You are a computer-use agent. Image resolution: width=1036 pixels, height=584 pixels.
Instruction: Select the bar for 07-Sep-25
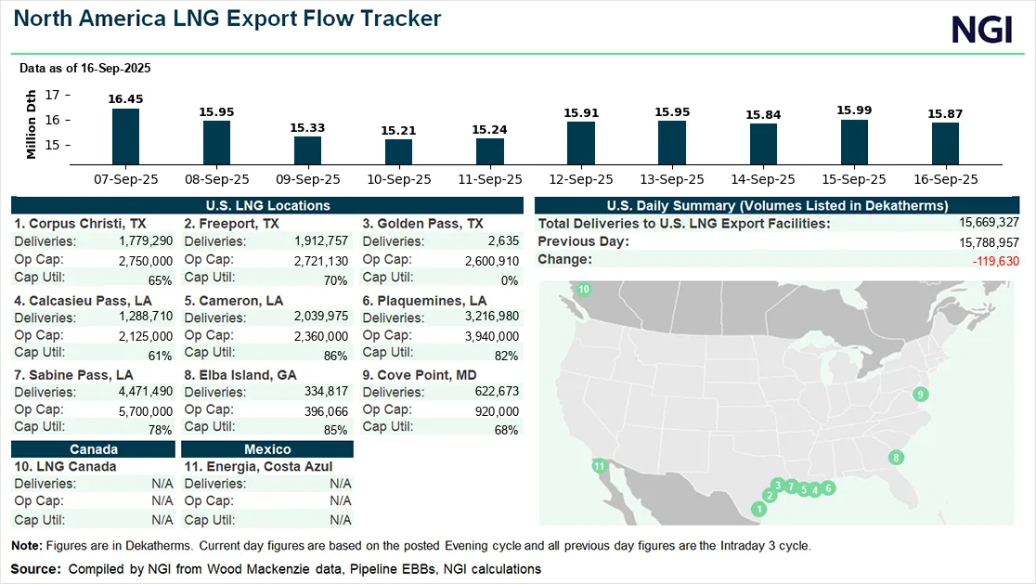[125, 136]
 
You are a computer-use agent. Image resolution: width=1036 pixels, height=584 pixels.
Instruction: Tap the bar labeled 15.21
[398, 151]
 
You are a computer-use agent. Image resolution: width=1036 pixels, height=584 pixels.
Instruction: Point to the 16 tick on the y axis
[52, 120]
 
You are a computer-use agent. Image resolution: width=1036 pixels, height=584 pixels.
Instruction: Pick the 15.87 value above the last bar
[945, 113]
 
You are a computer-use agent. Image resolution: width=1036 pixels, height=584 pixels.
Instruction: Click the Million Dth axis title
[32, 124]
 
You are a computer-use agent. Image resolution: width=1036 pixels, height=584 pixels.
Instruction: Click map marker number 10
[584, 291]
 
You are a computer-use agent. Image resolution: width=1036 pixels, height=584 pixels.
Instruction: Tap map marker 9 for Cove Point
[921, 395]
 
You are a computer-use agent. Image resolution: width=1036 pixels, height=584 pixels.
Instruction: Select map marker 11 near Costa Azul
[600, 466]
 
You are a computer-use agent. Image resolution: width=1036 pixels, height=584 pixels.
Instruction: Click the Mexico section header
[267, 449]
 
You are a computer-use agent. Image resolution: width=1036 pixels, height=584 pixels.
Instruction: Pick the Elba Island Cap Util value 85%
[335, 430]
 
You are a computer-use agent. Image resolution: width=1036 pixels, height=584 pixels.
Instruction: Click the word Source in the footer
[32, 568]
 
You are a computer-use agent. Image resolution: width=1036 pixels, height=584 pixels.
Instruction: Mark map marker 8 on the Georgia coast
[896, 458]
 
